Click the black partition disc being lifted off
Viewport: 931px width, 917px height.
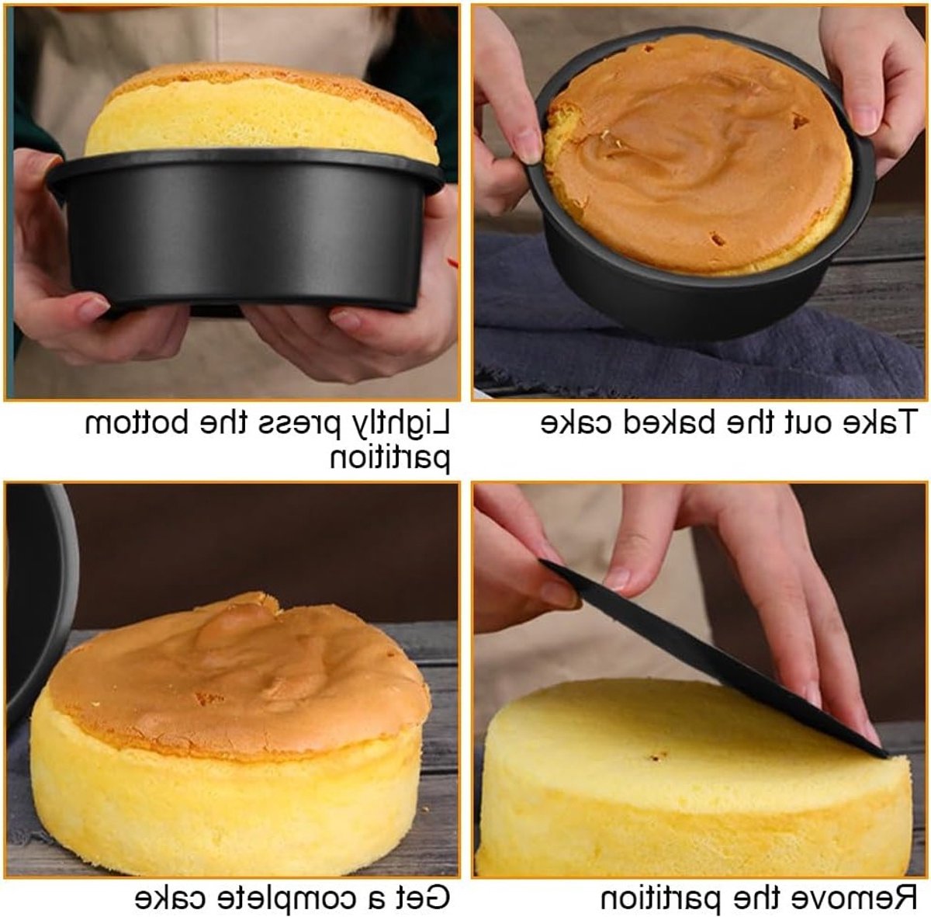coord(715,658)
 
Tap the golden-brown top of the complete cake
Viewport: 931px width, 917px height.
coord(239,679)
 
